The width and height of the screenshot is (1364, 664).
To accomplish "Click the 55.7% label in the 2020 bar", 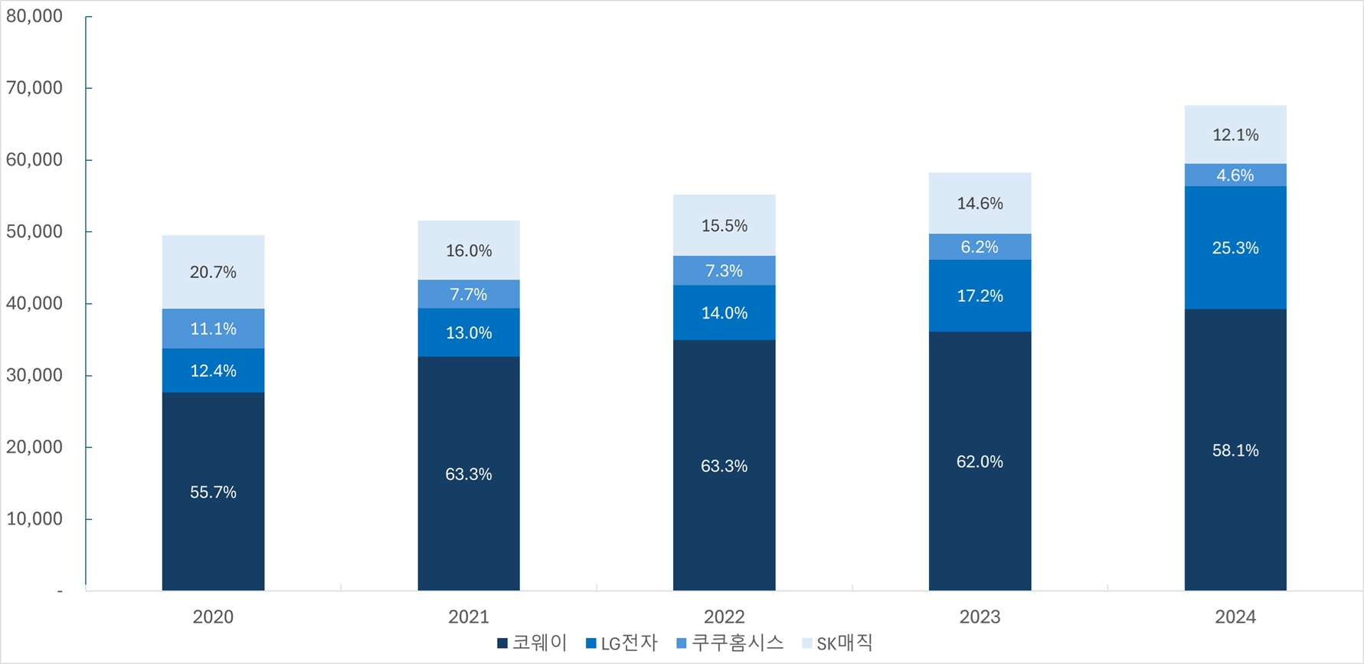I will tap(213, 492).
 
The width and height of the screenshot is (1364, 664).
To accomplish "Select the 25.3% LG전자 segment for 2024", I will tap(1235, 248).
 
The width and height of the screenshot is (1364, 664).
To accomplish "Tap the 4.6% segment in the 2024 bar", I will tap(1235, 175).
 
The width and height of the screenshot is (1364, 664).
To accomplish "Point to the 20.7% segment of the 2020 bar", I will tap(213, 272).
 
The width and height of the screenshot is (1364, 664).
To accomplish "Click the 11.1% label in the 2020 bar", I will tap(213, 329).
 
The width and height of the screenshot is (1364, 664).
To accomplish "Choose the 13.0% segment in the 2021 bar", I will tap(469, 333).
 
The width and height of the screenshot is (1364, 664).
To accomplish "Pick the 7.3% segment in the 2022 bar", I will tap(724, 271).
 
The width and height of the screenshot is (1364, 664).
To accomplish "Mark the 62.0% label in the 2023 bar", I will tap(980, 462).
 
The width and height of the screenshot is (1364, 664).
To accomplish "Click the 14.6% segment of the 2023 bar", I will tap(980, 204).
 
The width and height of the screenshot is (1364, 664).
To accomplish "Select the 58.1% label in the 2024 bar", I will tap(1235, 451).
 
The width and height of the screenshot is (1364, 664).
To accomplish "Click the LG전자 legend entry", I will tap(621, 643).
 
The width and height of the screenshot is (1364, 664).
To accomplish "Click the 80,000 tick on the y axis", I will tap(34, 16).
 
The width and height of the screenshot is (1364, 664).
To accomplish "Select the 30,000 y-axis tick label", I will tap(34, 375).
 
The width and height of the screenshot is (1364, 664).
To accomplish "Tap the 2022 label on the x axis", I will tap(724, 617).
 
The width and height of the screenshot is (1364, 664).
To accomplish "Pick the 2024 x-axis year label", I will tap(1235, 617).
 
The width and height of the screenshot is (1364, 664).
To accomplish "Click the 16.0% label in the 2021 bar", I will tap(469, 251).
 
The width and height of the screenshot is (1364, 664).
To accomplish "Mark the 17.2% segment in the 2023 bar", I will tap(980, 296).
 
